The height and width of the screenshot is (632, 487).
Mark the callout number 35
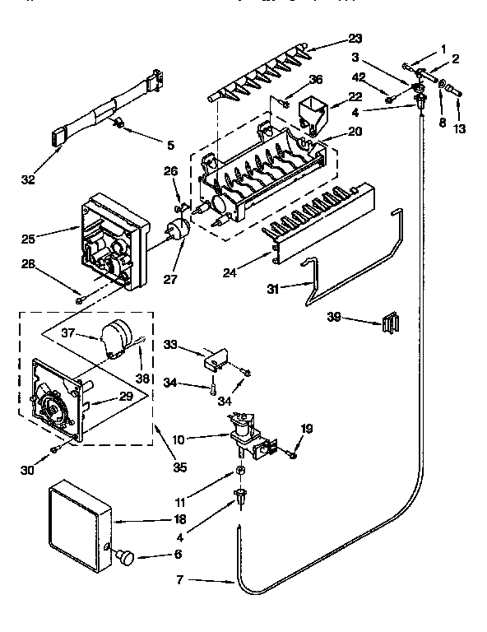coord(179,467)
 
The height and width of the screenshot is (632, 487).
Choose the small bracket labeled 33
coord(216,356)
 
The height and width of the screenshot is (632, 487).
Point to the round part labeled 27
coord(177,233)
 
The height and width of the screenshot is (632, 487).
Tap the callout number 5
coord(169,146)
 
